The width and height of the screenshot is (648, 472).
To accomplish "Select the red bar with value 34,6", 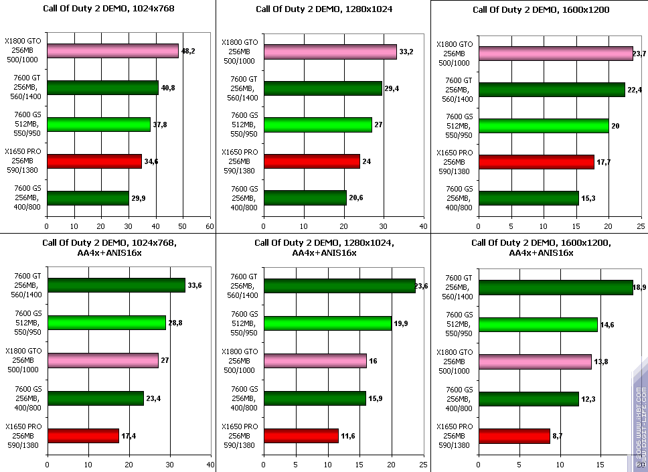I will (x=94, y=161).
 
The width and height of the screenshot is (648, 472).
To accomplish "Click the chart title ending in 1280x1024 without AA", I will (x=324, y=9).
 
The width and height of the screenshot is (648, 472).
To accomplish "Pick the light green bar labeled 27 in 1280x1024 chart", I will (x=317, y=125).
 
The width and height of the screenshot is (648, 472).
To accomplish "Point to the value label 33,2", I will (x=407, y=51).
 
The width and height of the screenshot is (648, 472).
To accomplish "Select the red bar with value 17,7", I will (x=536, y=161).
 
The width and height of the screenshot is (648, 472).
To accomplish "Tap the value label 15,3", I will (x=589, y=198).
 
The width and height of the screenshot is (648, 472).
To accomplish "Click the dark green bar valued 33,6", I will (x=116, y=285).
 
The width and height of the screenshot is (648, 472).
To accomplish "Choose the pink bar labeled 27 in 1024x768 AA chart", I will (x=102, y=360).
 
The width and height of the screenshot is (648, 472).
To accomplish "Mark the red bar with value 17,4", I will (x=83, y=436).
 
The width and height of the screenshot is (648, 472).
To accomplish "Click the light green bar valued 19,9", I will (x=327, y=323).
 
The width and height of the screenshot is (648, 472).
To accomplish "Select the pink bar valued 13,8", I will (x=535, y=362).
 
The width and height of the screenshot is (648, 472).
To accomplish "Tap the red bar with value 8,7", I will (x=514, y=436).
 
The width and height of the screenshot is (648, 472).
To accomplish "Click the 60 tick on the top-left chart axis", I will (x=210, y=227).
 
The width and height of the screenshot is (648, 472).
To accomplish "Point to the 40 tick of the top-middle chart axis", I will (x=424, y=227).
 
